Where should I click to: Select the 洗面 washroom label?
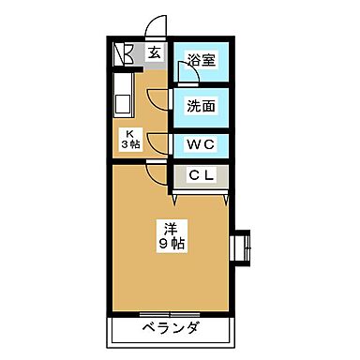coord(201,106)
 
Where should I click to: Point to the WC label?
coord(201,145)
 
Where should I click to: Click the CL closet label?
coord(201,175)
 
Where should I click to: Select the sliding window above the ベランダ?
coord(170,313)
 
